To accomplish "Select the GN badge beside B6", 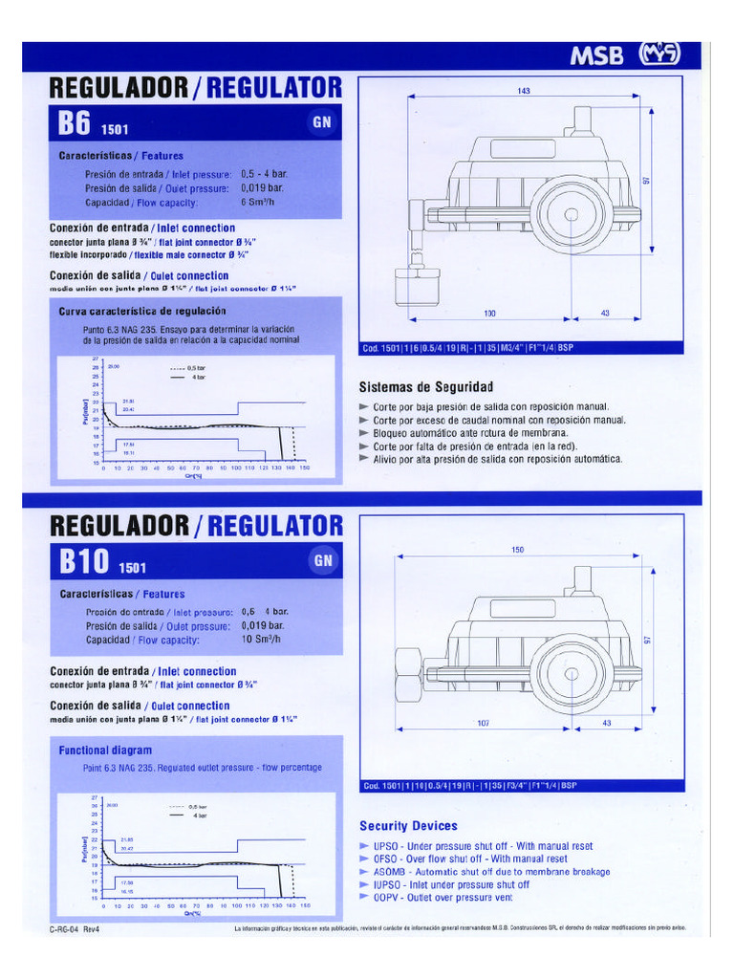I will click(321, 122).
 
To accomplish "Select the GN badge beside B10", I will click(322, 561).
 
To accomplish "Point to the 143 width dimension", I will click(524, 91).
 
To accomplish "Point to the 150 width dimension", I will click(518, 550).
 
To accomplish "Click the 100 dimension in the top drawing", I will click(489, 314).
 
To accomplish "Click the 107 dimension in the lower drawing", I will click(484, 723).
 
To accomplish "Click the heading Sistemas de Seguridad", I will click(425, 387).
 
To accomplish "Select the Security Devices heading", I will click(408, 825).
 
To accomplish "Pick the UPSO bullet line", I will click(476, 846).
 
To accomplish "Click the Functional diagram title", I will click(105, 751).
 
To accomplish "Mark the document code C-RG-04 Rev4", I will click(75, 928).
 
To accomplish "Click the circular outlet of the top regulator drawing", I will click(572, 215).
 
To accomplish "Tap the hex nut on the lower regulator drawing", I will click(408, 673).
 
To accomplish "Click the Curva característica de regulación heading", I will click(142, 311).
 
